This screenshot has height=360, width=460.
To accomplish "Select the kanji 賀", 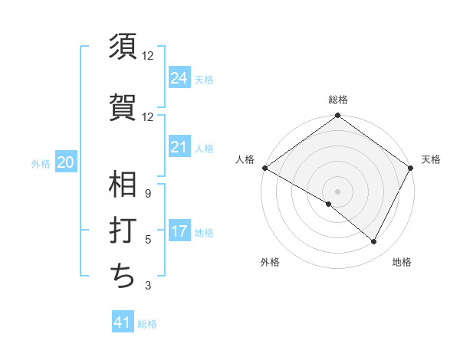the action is pyautogui.click(x=123, y=106).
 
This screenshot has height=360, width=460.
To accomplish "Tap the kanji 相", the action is pyautogui.click(x=123, y=185).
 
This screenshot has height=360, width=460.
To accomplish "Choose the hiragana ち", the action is pyautogui.click(x=123, y=276).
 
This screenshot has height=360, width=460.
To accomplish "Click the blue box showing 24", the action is pyautogui.click(x=179, y=77).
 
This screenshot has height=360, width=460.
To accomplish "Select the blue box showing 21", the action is pyautogui.click(x=179, y=146).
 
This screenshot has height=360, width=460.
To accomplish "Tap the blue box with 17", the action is pyautogui.click(x=179, y=231).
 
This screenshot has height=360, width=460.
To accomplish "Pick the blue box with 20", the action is pyautogui.click(x=66, y=162).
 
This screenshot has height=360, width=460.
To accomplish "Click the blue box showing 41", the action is pyautogui.click(x=123, y=322).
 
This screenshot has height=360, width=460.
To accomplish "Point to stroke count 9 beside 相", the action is pyautogui.click(x=147, y=193).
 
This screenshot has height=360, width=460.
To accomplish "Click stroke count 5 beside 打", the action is pyautogui.click(x=147, y=240).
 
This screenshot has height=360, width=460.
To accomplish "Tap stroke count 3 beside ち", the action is pyautogui.click(x=147, y=286).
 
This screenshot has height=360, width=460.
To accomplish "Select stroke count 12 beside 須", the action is pyautogui.click(x=147, y=56).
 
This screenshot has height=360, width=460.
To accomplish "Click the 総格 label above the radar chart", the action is pyautogui.click(x=337, y=100).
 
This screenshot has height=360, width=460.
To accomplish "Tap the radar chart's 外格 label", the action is pyautogui.click(x=270, y=263).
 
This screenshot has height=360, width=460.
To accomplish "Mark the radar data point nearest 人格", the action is pyautogui.click(x=264, y=168).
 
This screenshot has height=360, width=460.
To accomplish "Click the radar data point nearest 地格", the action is pyautogui.click(x=374, y=242).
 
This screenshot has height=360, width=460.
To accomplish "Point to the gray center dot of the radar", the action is pyautogui.click(x=337, y=191).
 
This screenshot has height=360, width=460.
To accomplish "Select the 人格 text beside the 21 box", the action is pyautogui.click(x=205, y=148).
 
